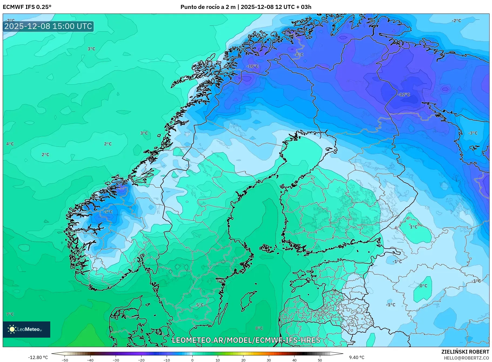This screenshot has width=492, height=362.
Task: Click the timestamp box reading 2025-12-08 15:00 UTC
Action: pos(48,26)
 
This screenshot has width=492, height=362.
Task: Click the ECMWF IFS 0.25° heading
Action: pos(27,7)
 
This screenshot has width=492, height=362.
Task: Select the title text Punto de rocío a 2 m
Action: pos(208,7)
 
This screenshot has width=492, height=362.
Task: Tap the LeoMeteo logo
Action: pos(26,329)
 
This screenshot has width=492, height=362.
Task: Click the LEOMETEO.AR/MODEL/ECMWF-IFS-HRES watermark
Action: pos(246,340)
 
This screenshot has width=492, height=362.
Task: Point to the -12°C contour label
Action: pos(404,94)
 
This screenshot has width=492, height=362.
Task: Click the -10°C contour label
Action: pos(252,66)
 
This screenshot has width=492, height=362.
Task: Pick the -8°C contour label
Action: pos(299,55)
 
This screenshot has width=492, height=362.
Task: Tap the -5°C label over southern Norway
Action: pos(108,212)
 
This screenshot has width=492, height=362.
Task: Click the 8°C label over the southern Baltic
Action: pos(259,328)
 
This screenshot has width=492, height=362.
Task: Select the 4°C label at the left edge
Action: pos(10,144)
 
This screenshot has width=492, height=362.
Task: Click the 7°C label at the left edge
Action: pos(10,314)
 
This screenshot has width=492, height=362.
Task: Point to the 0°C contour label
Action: pos(423,286)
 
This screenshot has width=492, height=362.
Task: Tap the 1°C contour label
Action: pos(414,227)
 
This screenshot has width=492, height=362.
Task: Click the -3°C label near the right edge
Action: pos(473,133)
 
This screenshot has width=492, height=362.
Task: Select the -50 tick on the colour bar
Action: pos(65,360)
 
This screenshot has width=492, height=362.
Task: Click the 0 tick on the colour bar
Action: pos(192,360)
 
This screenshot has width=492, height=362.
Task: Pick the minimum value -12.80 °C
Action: pos(38,357)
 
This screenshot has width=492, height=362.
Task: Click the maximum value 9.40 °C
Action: pos(357,357)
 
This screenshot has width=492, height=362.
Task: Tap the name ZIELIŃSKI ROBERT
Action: pos(465,352)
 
